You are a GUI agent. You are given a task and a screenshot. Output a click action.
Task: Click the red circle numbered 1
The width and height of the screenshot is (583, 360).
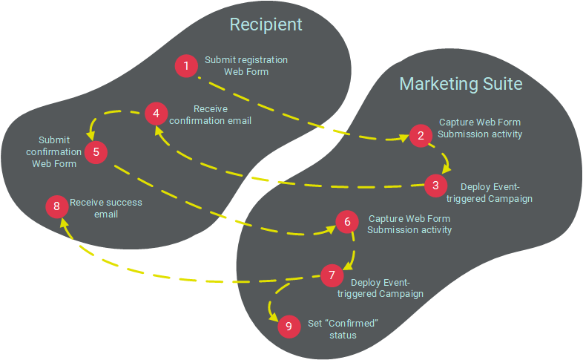pyautogui.click(x=186, y=66)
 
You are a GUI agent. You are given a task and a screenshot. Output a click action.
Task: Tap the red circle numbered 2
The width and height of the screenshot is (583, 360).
pyautogui.click(x=421, y=135)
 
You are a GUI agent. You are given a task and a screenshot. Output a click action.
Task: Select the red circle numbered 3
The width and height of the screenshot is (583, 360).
pyautogui.click(x=436, y=186)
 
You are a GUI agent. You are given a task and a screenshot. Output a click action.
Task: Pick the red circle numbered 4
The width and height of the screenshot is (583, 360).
pyautogui.click(x=156, y=114)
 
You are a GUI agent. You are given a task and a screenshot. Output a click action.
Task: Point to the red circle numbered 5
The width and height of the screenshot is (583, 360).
pyautogui.click(x=96, y=152)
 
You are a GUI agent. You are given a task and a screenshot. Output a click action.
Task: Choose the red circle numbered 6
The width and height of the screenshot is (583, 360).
pyautogui.click(x=346, y=223)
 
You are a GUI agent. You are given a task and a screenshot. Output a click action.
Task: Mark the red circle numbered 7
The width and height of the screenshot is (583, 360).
pyautogui.click(x=332, y=275)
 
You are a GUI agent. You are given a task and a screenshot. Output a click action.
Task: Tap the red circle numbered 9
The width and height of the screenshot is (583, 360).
pyautogui.click(x=289, y=327)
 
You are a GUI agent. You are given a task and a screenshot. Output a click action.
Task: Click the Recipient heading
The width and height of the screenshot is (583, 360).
pyautogui.click(x=266, y=24)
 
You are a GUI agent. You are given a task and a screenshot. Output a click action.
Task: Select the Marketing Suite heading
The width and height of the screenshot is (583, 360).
pyautogui.click(x=461, y=83)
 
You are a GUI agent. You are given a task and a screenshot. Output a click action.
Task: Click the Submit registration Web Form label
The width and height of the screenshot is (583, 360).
pyautogui.click(x=246, y=66)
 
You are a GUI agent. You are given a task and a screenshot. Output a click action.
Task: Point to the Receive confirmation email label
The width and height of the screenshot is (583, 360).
pyautogui.click(x=215, y=114)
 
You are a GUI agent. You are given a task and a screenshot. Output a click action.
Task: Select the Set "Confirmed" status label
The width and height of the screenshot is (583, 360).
pyautogui.click(x=343, y=330)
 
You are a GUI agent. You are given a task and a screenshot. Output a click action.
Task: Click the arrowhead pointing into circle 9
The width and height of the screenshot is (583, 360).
pyautogui.click(x=274, y=315)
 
